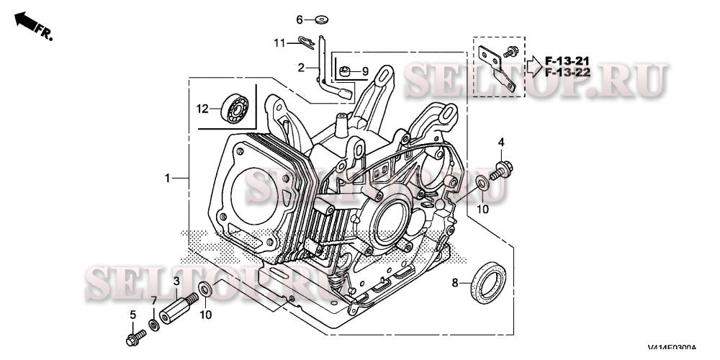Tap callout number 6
[300, 19]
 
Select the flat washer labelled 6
[320, 19]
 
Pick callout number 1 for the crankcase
[167, 177]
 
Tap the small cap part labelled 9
[346, 71]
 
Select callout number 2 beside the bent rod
[302, 68]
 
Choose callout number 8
[454, 283]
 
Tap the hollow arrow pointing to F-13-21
[534, 66]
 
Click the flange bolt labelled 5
[133, 337]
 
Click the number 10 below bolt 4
[482, 209]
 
